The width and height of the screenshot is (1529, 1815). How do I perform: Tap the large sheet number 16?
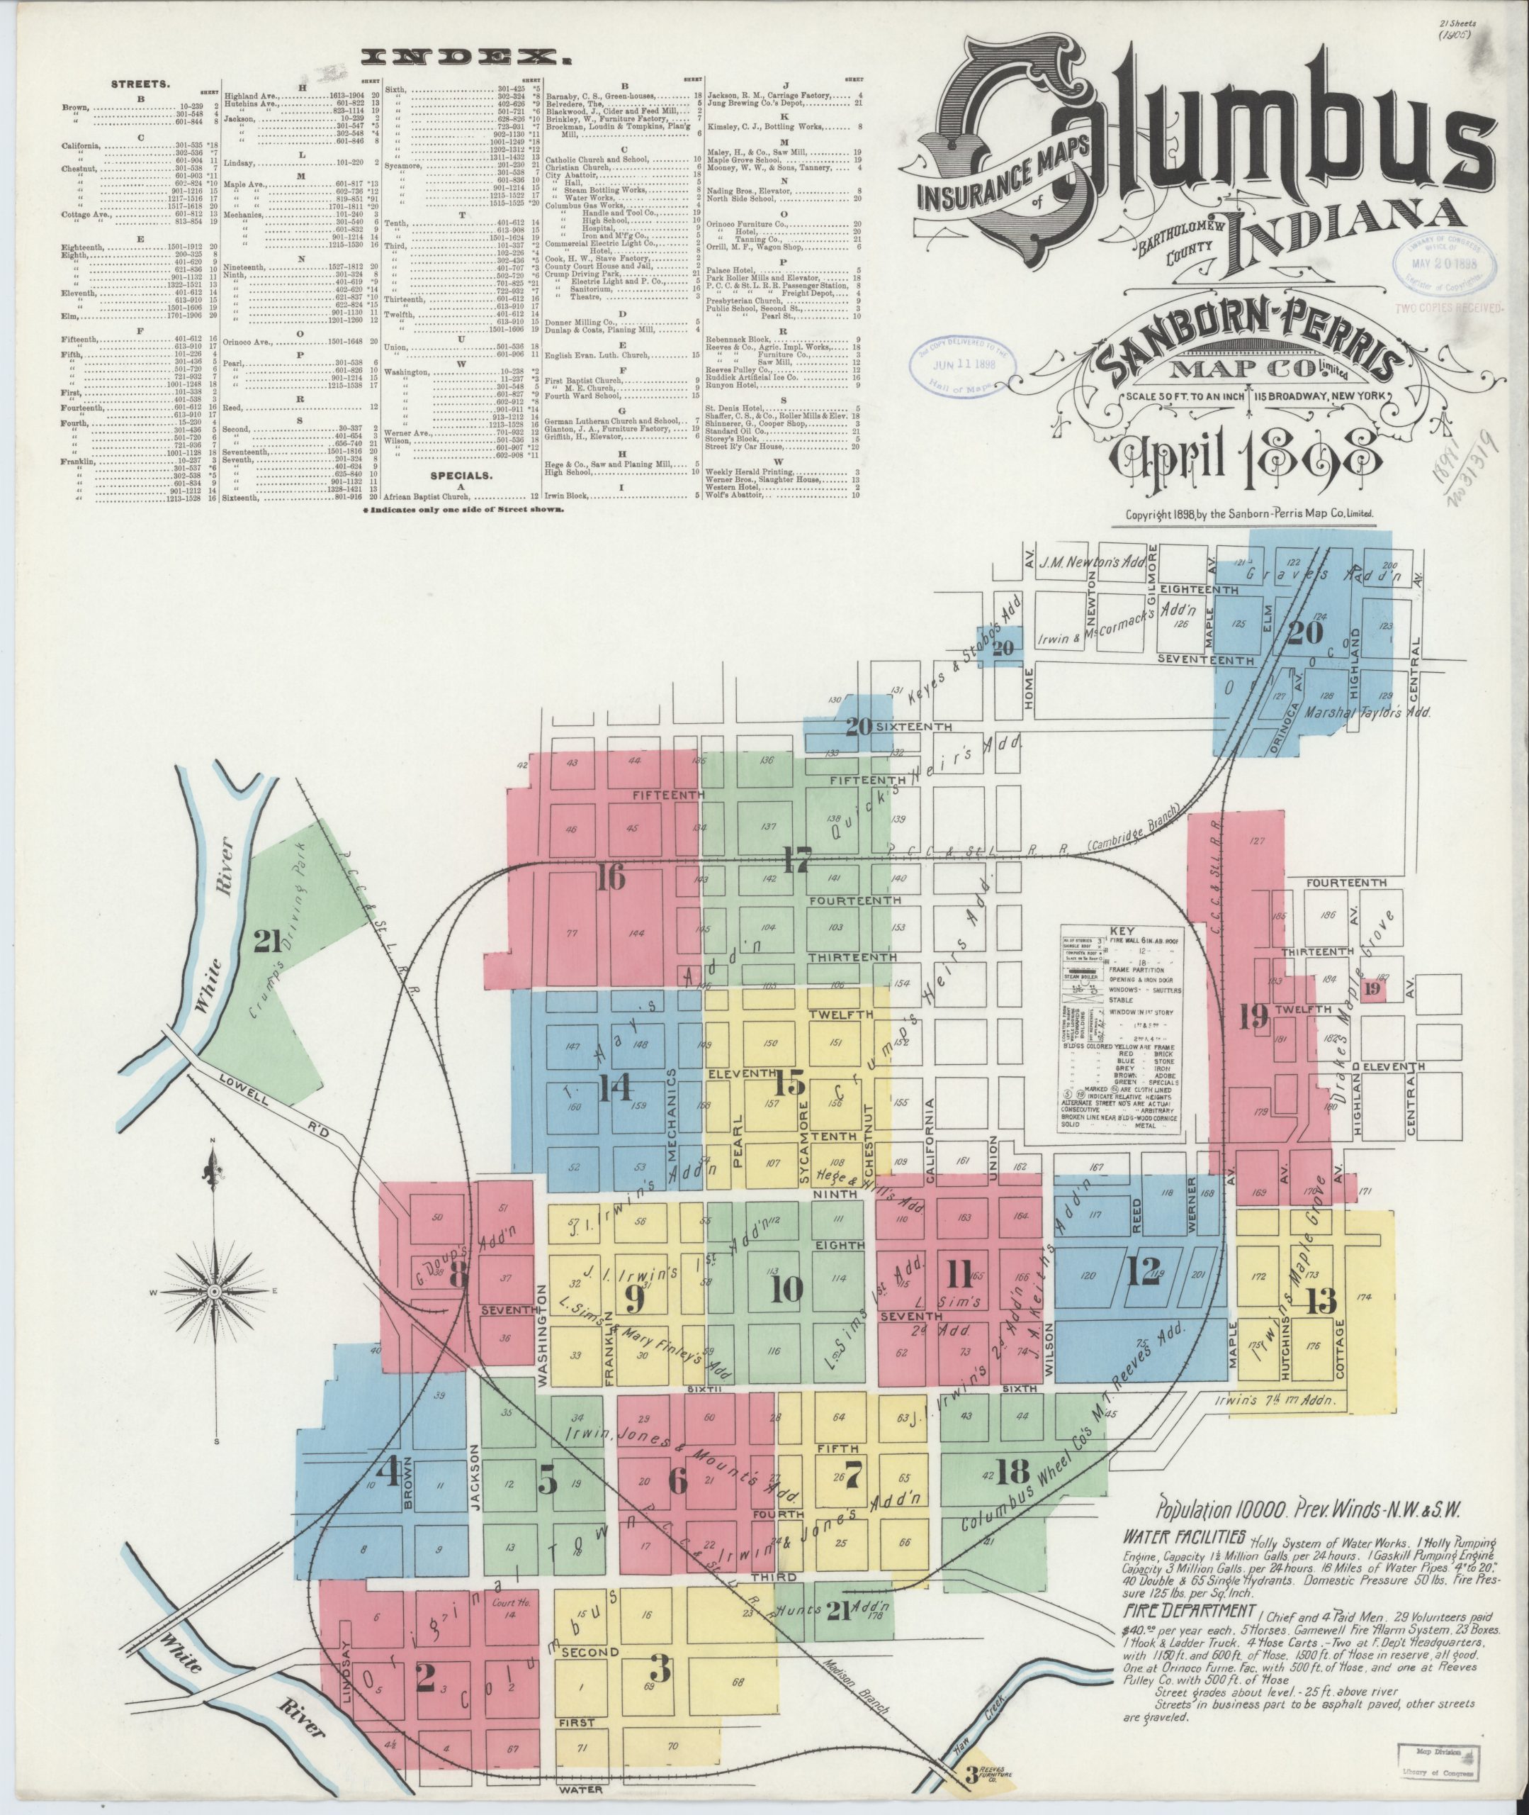[x=610, y=879]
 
